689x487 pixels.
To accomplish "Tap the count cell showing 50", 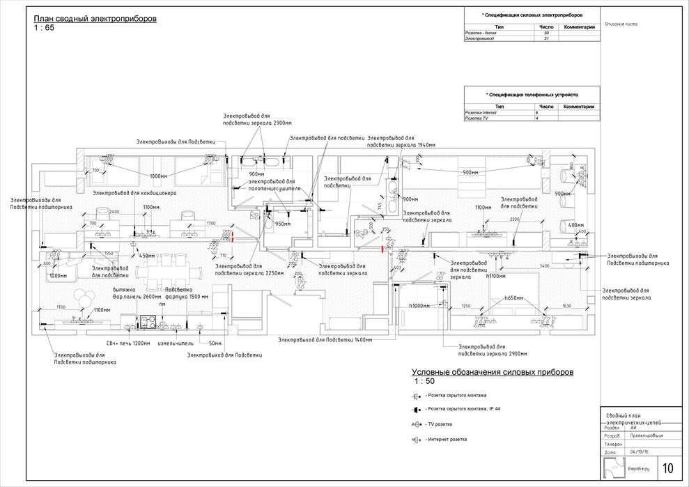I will pyautogui.click(x=546, y=33).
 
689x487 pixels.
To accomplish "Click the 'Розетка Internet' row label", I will pyautogui.click(x=481, y=112).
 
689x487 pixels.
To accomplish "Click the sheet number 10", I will pyautogui.click(x=667, y=467).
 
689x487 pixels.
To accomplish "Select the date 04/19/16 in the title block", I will pyautogui.click(x=638, y=452).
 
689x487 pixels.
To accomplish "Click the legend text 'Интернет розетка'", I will pyautogui.click(x=446, y=439).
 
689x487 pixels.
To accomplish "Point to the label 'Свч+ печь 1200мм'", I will pyautogui.click(x=127, y=343).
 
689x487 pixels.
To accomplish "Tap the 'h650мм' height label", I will pyautogui.click(x=515, y=298).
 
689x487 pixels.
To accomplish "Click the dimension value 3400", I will pyautogui.click(x=544, y=266).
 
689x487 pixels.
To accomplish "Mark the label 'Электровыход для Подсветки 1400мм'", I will pyautogui.click(x=325, y=339).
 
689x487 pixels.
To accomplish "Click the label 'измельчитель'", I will pyautogui.click(x=175, y=343).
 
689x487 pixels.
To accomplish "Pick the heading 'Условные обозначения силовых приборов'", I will pyautogui.click(x=493, y=373).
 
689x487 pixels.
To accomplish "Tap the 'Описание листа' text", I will pyautogui.click(x=621, y=24).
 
